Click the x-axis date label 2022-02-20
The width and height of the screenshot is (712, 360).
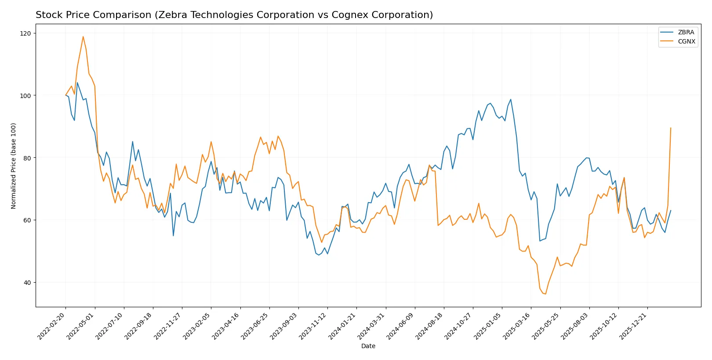[51, 326]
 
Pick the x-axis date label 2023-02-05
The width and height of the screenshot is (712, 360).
[197, 326]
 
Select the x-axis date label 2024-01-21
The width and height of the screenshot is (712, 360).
[342, 326]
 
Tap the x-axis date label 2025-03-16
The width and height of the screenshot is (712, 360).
[517, 326]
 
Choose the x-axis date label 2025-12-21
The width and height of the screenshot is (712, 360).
[633, 326]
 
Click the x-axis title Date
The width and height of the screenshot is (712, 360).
[368, 346]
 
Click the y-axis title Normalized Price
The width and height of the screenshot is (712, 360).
[14, 166]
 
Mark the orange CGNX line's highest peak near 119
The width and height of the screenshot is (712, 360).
[83, 36]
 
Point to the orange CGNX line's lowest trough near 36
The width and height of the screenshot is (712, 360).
[545, 294]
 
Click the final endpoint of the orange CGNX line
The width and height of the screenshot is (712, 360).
[671, 128]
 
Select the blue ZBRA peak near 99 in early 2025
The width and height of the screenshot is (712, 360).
[511, 99]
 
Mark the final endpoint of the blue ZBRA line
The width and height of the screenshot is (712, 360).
[671, 211]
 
